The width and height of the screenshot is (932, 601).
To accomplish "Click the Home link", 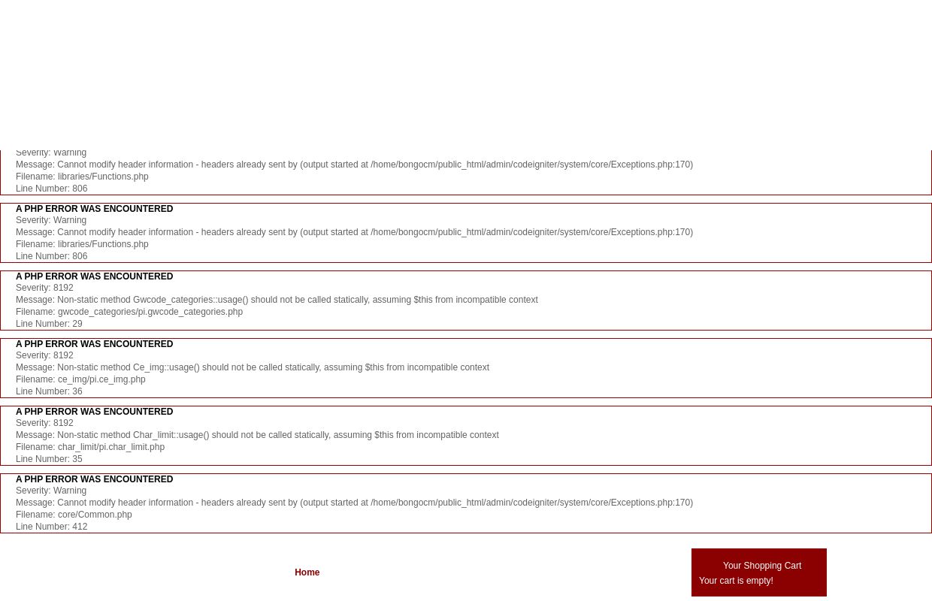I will point(307,572).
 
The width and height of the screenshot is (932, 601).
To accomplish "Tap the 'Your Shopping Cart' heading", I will point(761,566).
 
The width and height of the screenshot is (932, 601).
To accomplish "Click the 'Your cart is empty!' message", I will point(736,581).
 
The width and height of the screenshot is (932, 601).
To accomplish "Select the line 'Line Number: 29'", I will point(49,324).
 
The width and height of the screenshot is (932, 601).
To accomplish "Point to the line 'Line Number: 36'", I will point(49,391).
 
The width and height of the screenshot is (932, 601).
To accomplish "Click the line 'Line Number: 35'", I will point(49,459).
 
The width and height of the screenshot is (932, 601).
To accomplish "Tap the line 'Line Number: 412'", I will point(51,527).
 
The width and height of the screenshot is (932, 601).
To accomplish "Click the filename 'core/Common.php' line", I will point(74,515).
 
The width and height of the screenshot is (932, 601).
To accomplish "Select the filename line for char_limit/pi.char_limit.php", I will point(90,447).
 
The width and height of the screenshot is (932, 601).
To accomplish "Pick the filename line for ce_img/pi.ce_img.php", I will point(80,379).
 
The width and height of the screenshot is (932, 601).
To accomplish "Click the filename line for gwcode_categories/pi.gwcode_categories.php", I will point(129,312).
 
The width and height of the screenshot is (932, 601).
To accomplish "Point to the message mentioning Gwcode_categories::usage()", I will point(277,300).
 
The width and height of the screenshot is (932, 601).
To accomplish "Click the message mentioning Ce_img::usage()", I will point(253,367).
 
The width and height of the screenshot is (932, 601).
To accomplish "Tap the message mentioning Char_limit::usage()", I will point(257,435).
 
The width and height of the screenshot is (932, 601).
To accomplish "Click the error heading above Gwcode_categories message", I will point(94,276).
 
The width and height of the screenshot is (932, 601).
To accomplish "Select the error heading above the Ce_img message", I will point(94,344).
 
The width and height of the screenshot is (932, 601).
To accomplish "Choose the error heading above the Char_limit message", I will point(94,412).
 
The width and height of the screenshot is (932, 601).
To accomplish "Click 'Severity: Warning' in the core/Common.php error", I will point(51,491).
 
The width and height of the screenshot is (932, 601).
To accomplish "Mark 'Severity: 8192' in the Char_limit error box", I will point(44,423).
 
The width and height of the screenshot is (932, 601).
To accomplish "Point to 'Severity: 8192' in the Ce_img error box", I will point(44,355).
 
